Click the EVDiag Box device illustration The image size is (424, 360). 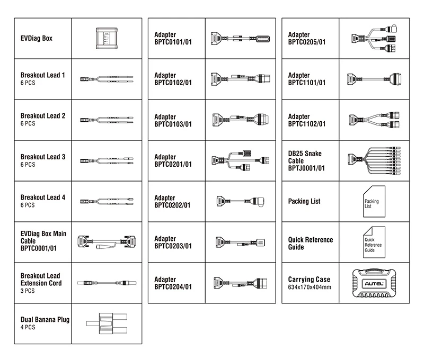107,38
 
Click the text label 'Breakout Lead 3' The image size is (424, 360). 43,157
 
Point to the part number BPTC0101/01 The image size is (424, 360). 173,42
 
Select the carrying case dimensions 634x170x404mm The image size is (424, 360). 310,287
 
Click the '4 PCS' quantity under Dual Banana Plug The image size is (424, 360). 28,328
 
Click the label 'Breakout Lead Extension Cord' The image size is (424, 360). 41,280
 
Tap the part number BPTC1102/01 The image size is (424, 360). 307,124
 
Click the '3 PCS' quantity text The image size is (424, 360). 28,291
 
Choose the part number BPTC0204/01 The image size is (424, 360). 173,287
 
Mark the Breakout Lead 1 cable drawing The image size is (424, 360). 107,79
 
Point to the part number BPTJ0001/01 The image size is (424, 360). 306,168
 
